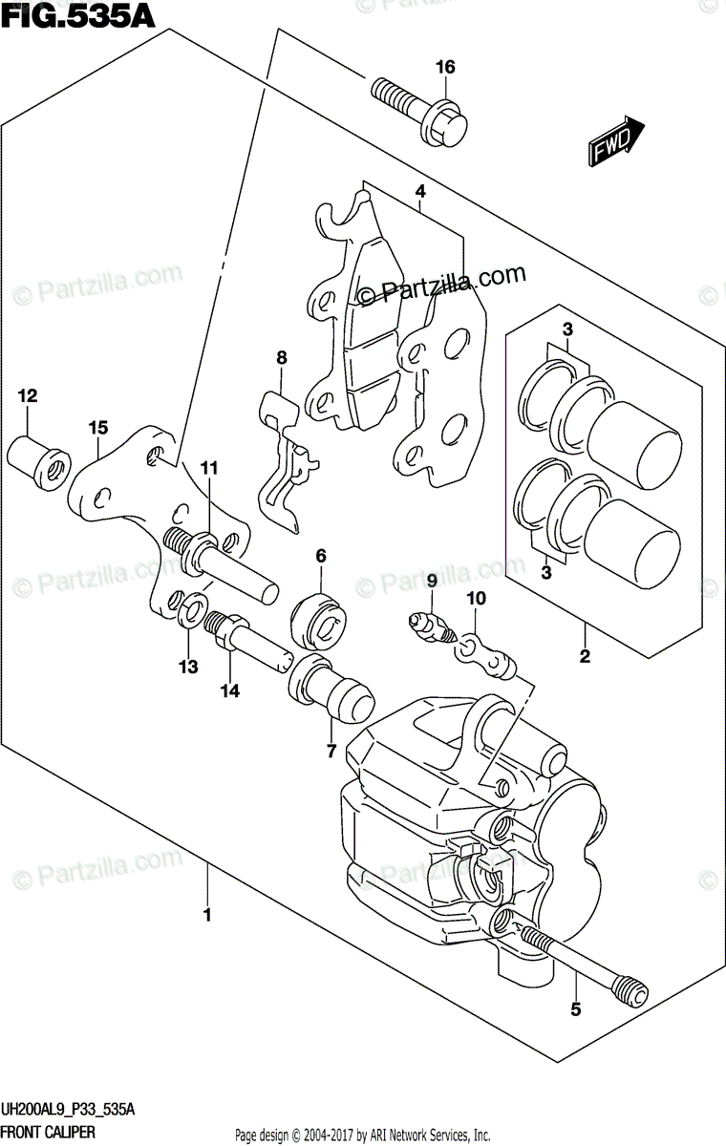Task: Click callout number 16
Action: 445,67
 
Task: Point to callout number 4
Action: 419,191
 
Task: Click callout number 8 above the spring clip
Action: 281,358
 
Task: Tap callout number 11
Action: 209,468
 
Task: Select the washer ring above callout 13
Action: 191,605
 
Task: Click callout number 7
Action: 331,751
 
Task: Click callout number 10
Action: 476,599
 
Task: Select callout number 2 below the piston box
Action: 584,656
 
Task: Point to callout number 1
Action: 206,915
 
